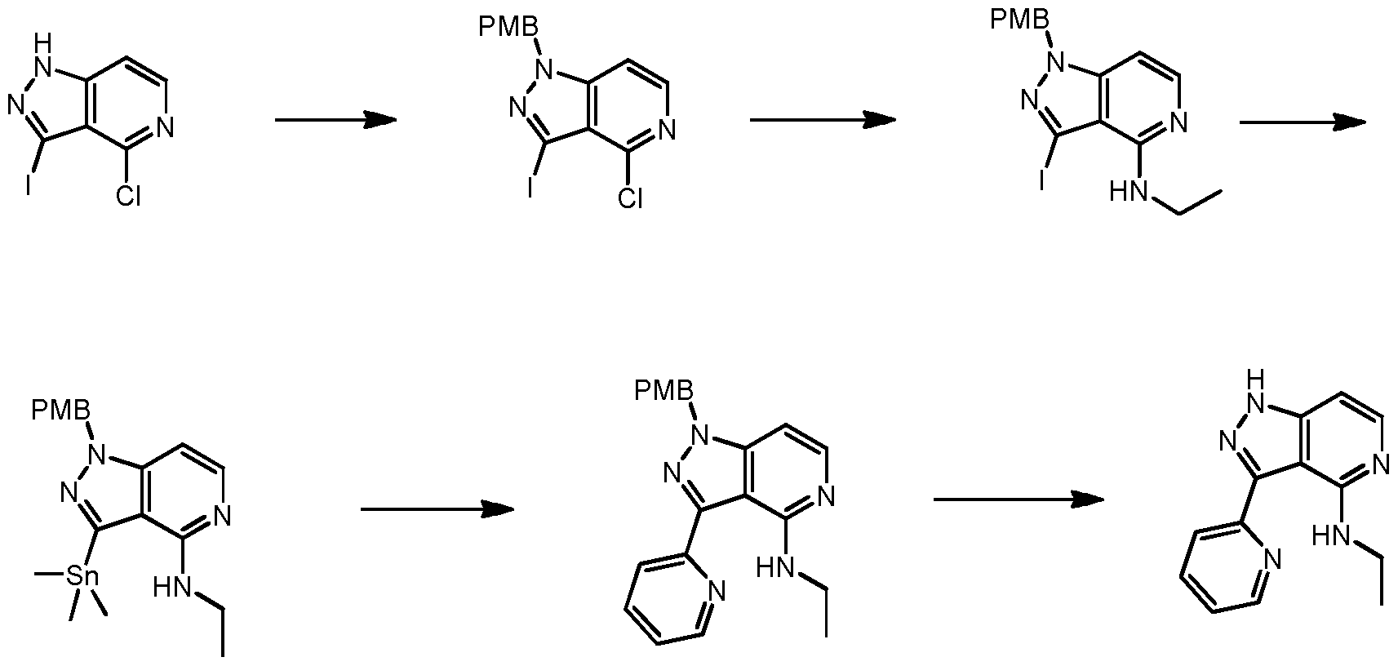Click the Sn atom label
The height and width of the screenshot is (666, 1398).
(82, 576)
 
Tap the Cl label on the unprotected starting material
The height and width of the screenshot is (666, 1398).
(127, 196)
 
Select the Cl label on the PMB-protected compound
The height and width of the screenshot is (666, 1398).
(629, 198)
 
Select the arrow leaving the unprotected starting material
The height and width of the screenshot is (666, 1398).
(335, 121)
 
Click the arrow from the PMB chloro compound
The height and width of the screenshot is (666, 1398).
(822, 121)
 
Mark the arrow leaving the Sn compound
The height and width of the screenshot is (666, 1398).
(437, 510)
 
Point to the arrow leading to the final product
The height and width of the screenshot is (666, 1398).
(1018, 499)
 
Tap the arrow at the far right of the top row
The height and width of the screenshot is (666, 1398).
(1303, 122)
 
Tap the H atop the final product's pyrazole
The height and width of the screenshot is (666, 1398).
(1258, 378)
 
